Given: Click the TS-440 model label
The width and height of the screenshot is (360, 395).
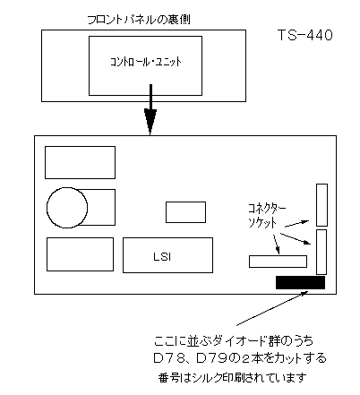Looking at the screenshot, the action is pyautogui.click(x=305, y=35).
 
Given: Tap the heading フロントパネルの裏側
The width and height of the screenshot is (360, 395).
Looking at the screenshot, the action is pyautogui.click(x=139, y=20).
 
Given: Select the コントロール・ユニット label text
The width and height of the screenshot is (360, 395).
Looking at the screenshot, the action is pyautogui.click(x=146, y=62).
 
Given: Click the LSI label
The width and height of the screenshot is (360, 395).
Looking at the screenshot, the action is pyautogui.click(x=162, y=257).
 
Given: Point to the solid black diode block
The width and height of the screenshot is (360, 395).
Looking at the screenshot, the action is pyautogui.click(x=300, y=282).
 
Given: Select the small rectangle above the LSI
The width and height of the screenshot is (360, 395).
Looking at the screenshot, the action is pyautogui.click(x=185, y=212).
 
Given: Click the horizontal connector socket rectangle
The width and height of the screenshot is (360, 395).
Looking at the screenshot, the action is pyautogui.click(x=278, y=262).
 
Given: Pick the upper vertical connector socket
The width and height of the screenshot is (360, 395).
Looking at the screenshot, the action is pyautogui.click(x=322, y=205).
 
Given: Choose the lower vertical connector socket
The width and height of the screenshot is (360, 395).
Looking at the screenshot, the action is pyautogui.click(x=321, y=252).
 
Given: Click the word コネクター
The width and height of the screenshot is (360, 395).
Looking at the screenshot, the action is pyautogui.click(x=267, y=209).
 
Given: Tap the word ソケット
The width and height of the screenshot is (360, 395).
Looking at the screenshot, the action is pyautogui.click(x=262, y=223).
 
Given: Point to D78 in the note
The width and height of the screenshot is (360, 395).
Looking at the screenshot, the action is pyautogui.click(x=170, y=358).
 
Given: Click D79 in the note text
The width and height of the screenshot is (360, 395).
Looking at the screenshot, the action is pyautogui.click(x=213, y=358).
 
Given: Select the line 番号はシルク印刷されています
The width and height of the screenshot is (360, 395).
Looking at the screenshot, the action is pyautogui.click(x=233, y=378).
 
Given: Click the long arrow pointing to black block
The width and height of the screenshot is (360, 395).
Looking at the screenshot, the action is pyautogui.click(x=272, y=308).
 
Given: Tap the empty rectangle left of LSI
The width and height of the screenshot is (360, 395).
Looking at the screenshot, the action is pyautogui.click(x=80, y=254).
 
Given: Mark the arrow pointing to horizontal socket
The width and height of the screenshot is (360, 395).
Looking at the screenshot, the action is pyautogui.click(x=276, y=245).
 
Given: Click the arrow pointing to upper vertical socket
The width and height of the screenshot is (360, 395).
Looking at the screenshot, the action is pyautogui.click(x=297, y=224).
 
